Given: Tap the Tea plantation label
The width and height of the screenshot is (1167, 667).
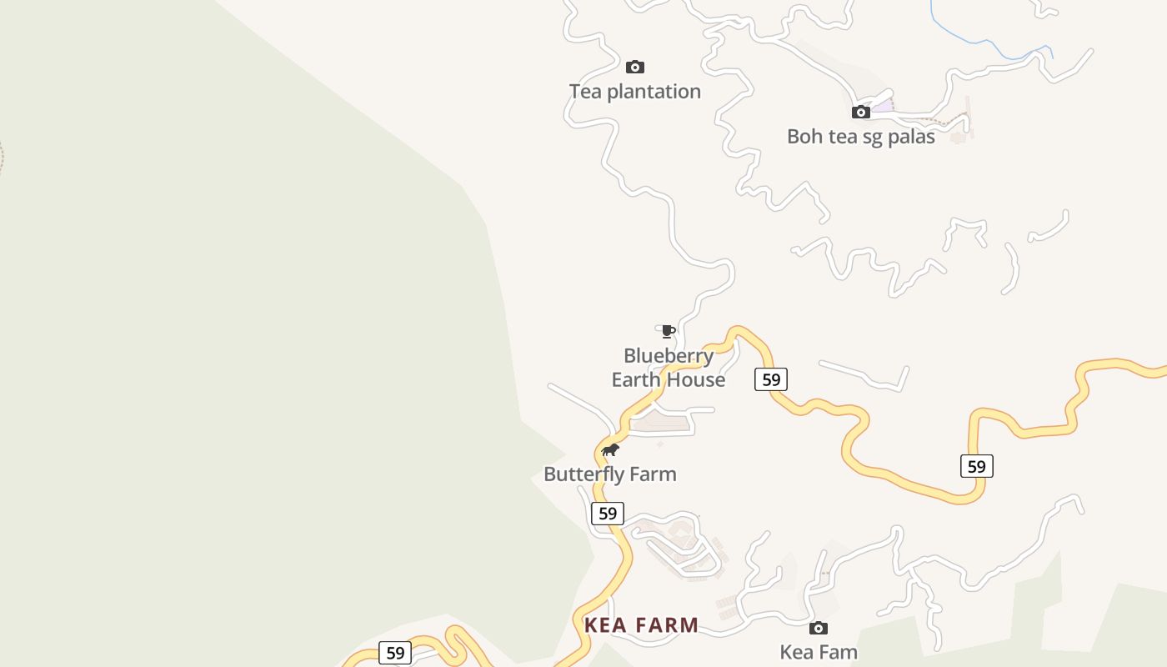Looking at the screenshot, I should (x=635, y=92).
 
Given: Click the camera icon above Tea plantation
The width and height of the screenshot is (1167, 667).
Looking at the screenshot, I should (x=635, y=67).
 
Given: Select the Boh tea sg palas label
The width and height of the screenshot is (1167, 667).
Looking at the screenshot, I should (x=860, y=137).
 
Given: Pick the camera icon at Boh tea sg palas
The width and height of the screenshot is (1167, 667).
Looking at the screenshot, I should (x=861, y=112).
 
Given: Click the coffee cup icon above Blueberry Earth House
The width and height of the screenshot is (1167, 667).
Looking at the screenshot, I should (x=668, y=331).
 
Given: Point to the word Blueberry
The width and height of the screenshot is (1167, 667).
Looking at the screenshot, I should (x=669, y=356).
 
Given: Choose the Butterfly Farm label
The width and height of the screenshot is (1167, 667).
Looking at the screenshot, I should (x=609, y=474).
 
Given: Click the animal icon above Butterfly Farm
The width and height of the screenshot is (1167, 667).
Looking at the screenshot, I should (x=610, y=450).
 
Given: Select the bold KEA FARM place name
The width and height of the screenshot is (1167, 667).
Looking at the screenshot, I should (x=641, y=625).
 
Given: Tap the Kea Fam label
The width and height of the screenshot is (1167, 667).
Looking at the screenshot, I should (x=818, y=652).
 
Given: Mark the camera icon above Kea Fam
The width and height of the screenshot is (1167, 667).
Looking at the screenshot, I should (x=819, y=628).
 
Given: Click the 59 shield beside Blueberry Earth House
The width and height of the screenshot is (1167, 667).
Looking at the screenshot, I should (x=771, y=380).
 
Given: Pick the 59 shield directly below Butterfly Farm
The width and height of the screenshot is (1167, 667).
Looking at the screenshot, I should (x=608, y=514).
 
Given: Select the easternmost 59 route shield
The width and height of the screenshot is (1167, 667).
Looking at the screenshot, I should (x=976, y=466).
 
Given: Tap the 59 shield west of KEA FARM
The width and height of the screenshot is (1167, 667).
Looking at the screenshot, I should (x=395, y=653).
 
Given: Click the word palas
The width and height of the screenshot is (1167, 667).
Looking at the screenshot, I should (x=911, y=137).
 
